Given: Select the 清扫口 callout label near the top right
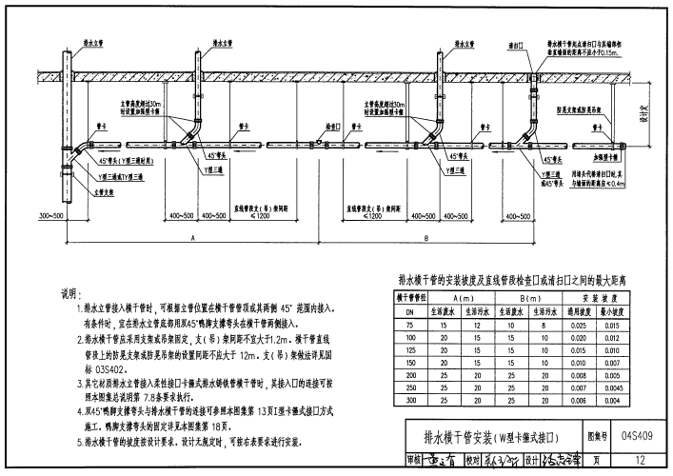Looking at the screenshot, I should pyautogui.click(x=518, y=44).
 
